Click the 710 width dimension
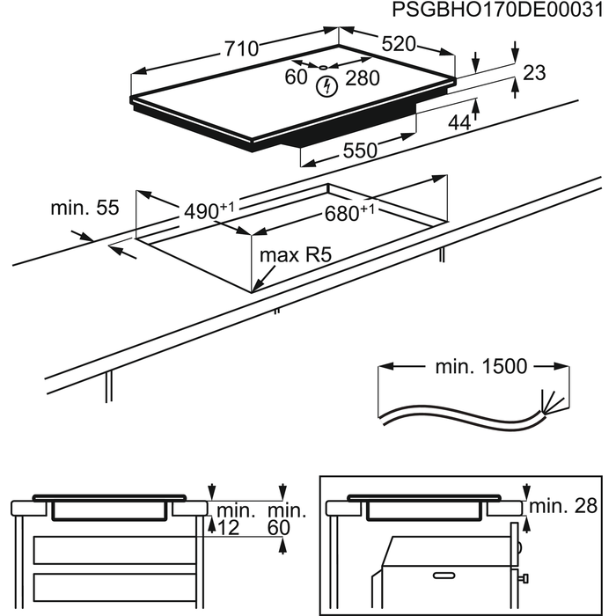click(x=240, y=49)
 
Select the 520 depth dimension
click(x=399, y=45)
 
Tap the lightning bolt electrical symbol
click(x=327, y=85)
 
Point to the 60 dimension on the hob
click(x=296, y=78)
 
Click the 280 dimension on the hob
click(x=363, y=78)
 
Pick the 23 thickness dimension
click(x=533, y=74)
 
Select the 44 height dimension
click(x=459, y=123)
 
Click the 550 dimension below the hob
click(x=360, y=151)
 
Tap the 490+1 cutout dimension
click(x=209, y=211)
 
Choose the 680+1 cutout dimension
click(x=349, y=213)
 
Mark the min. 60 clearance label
click(x=287, y=519)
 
